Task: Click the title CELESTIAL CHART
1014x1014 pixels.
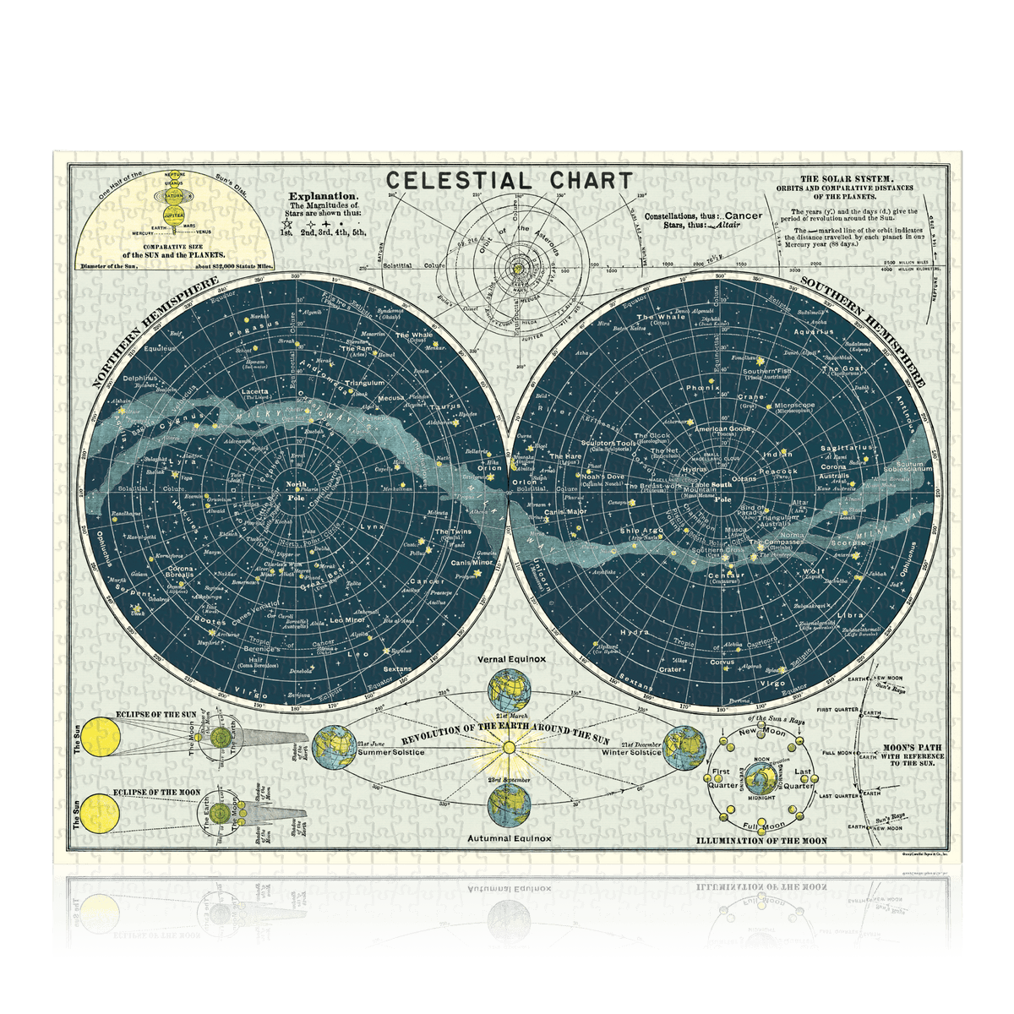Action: [x=509, y=180]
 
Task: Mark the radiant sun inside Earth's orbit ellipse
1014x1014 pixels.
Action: [x=509, y=747]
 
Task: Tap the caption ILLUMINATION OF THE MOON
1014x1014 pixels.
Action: [x=760, y=841]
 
